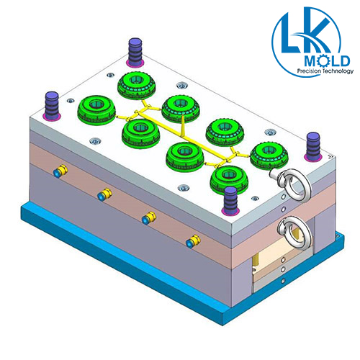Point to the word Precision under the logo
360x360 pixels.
click(x=309, y=71)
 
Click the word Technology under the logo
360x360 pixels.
click(x=338, y=71)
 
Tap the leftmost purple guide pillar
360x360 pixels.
click(x=51, y=106)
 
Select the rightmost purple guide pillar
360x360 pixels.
click(x=313, y=146)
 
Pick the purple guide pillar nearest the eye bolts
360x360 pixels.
click(x=230, y=201)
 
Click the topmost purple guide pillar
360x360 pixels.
click(x=135, y=52)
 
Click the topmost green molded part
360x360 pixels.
click(x=137, y=86)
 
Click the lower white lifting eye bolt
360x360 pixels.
click(x=296, y=232)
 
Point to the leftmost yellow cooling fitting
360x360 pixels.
click(x=60, y=171)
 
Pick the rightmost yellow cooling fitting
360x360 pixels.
click(x=194, y=241)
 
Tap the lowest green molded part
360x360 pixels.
click(x=230, y=180)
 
